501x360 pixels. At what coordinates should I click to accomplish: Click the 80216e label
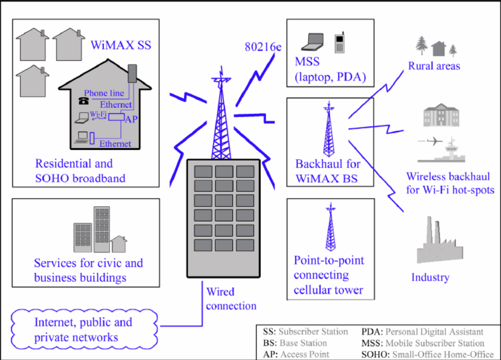[x=262, y=47]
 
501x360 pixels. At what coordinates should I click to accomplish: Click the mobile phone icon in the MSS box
[x=339, y=43]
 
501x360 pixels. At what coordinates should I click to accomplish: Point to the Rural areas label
[x=434, y=66]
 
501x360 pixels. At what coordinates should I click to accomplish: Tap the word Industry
[x=430, y=277]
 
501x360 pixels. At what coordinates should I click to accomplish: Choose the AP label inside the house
[x=130, y=119]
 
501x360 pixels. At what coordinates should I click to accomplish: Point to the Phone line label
[x=104, y=93]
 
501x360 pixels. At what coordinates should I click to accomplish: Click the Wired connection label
[x=231, y=299]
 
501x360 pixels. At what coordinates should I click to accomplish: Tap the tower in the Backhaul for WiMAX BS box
[x=329, y=130]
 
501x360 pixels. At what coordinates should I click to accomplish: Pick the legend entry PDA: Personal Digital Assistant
[x=422, y=332]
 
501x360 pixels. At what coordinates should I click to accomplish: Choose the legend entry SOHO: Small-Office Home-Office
[x=427, y=354]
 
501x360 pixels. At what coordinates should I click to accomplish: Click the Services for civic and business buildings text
[x=88, y=270]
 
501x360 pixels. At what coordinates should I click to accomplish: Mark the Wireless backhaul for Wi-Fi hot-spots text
[x=450, y=183]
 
